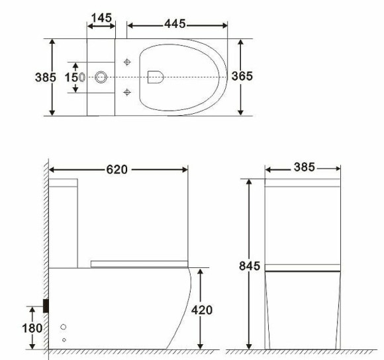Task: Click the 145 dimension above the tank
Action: click(x=101, y=18)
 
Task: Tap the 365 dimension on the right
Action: click(x=242, y=77)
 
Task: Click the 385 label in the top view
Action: click(x=45, y=77)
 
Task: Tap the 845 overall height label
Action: click(x=250, y=266)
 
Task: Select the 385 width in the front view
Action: click(x=304, y=168)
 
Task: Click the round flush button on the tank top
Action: click(x=101, y=77)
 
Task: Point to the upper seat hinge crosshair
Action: click(x=128, y=63)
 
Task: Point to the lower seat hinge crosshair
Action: click(x=128, y=92)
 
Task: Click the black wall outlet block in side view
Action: click(x=46, y=305)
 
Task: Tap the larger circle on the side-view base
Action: click(x=64, y=327)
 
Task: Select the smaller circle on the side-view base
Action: click(x=64, y=339)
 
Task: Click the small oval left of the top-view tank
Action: click(x=82, y=77)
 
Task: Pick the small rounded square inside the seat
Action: click(x=156, y=77)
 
